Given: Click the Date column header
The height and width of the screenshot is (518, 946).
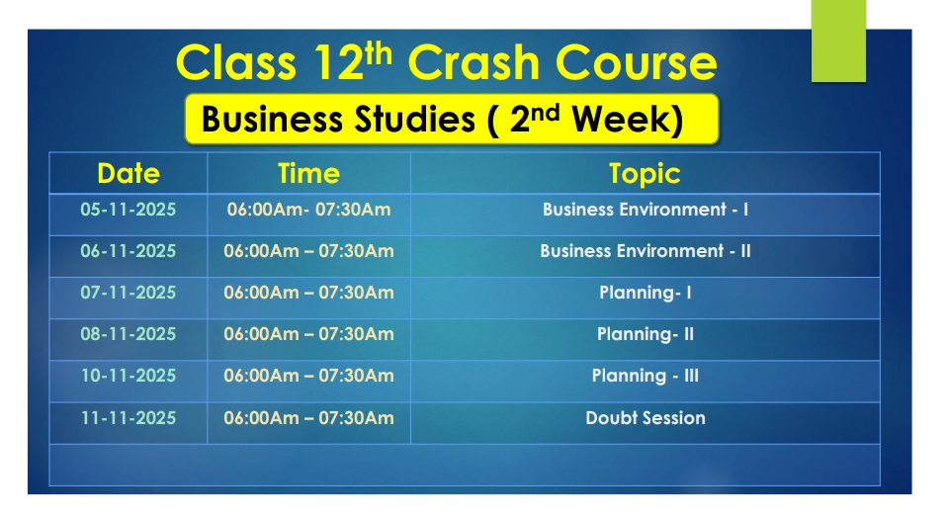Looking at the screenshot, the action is coord(129,174).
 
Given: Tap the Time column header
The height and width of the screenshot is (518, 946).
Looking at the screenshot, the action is coord(308,174).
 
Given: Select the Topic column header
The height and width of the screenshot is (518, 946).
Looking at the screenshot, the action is coord(645,174).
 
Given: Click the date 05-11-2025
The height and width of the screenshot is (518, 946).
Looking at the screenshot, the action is coord(128,210).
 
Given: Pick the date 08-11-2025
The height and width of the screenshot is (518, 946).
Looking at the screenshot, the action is coord(128,334).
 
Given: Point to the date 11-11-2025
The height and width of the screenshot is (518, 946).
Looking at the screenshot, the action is coord(128,418).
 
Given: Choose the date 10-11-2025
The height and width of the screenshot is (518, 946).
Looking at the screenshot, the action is coord(128,376).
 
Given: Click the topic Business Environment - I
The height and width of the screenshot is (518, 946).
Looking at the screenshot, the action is coord(645,210).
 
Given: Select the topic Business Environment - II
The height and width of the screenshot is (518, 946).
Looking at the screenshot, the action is coord(645,251).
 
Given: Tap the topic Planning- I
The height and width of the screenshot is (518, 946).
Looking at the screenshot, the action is coord(645,293).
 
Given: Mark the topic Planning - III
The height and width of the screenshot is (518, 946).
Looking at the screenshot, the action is coord(645,376).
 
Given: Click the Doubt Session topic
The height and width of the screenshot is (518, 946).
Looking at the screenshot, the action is coord(645,418).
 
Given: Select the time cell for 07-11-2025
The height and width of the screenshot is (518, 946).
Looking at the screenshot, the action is coord(308,293).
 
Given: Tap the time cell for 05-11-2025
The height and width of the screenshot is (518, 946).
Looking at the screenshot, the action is coord(308,210).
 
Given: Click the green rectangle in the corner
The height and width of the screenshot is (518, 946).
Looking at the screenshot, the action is coord(838,41).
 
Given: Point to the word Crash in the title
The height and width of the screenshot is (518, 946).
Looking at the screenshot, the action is coord(473,62).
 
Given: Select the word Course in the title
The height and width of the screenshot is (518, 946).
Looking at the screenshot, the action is coord(636,62).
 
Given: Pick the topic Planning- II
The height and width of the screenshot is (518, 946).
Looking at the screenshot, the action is coord(645,334).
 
